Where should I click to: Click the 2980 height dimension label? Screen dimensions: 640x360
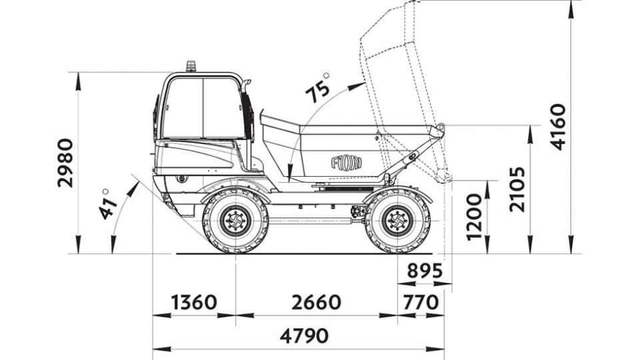pyautogui.click(x=66, y=163)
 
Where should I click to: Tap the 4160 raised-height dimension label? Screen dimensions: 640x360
pyautogui.click(x=558, y=127)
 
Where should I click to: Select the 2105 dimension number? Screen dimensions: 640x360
pyautogui.click(x=517, y=189)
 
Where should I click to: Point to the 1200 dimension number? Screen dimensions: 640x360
pyautogui.click(x=474, y=217)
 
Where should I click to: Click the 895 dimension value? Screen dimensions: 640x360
pyautogui.click(x=425, y=270)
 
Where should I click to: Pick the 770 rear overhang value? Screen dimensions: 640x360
pyautogui.click(x=421, y=303)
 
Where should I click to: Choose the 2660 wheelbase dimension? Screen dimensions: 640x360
pyautogui.click(x=316, y=303)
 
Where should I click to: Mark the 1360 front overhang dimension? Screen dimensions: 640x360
pyautogui.click(x=194, y=303)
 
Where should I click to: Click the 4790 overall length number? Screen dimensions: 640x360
pyautogui.click(x=304, y=336)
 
